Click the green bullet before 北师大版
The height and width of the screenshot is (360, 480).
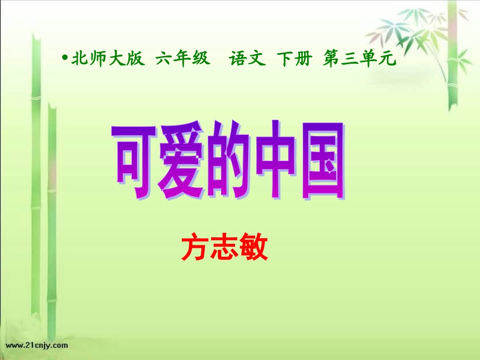tap(65, 59)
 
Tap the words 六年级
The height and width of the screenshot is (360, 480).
tap(182, 59)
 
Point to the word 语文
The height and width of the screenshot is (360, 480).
tap(247, 59)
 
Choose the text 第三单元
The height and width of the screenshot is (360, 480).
tap(357, 59)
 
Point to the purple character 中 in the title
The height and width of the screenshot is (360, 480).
tap(275, 161)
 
